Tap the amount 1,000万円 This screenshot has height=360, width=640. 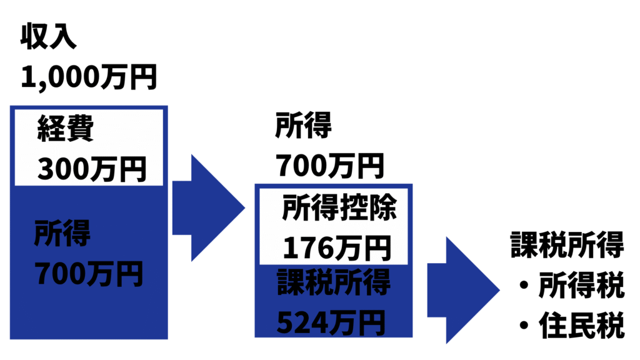pyautogui.click(x=88, y=77)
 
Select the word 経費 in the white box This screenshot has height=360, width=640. pyautogui.click(x=66, y=130)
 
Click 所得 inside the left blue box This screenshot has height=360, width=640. pyautogui.click(x=62, y=232)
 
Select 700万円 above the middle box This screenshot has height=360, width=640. pyautogui.click(x=329, y=166)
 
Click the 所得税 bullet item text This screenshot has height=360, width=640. pyautogui.click(x=582, y=287)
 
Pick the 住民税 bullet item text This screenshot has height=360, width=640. pyautogui.click(x=582, y=326)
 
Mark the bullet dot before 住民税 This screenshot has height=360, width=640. pyautogui.click(x=524, y=327)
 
